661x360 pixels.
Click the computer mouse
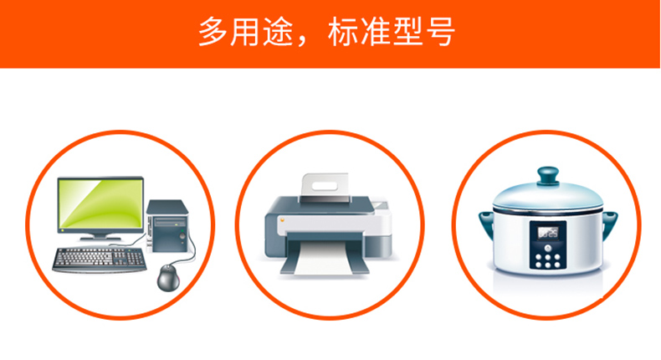pyautogui.click(x=169, y=278)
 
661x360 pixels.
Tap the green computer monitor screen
pyautogui.click(x=100, y=204)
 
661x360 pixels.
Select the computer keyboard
pyautogui.click(x=100, y=260)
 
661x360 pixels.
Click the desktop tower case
pyautogui.click(x=167, y=226)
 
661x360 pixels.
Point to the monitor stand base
pyautogui.click(x=100, y=239)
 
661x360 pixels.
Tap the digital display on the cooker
pyautogui.click(x=548, y=233)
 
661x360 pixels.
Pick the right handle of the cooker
pyautogui.click(x=610, y=225)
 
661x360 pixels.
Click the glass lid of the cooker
pyautogui.click(x=548, y=195)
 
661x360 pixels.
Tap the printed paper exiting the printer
pyautogui.click(x=325, y=259)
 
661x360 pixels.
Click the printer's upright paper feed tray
pyautogui.click(x=325, y=187)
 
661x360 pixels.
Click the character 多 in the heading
pyautogui.click(x=213, y=32)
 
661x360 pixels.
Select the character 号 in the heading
pyautogui.click(x=440, y=32)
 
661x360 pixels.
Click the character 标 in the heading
pyautogui.click(x=343, y=32)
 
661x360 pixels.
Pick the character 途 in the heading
pyautogui.click(x=279, y=32)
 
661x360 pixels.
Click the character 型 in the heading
pyautogui.click(x=408, y=32)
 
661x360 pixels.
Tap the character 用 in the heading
pyautogui.click(x=245, y=32)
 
